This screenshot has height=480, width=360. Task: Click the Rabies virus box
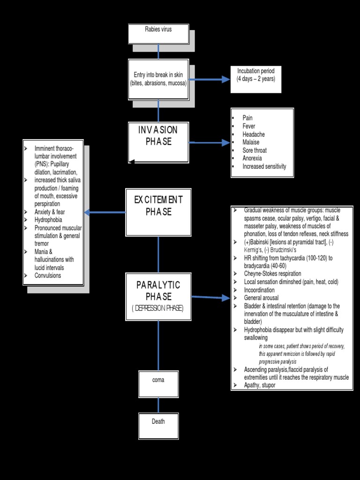[x=158, y=34]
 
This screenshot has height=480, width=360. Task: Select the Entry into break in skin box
[x=158, y=79]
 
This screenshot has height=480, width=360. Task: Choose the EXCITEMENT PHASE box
[x=158, y=212]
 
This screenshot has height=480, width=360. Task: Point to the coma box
[x=158, y=383]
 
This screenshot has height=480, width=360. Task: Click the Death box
[x=158, y=425]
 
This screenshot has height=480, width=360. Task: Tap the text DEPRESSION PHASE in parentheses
[x=158, y=308]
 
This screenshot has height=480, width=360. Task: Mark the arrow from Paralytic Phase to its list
[x=211, y=297]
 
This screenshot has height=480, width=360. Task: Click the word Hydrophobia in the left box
[x=48, y=219]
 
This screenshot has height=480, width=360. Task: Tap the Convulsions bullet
[x=48, y=276]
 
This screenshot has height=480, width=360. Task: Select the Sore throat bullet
[x=255, y=150]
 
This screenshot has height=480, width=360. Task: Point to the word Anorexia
[x=252, y=158]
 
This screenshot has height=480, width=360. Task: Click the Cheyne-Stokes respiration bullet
[x=272, y=274]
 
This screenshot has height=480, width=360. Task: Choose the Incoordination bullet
[x=259, y=290]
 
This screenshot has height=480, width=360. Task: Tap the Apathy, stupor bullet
[x=260, y=385]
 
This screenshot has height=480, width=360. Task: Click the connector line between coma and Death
[x=158, y=405]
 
